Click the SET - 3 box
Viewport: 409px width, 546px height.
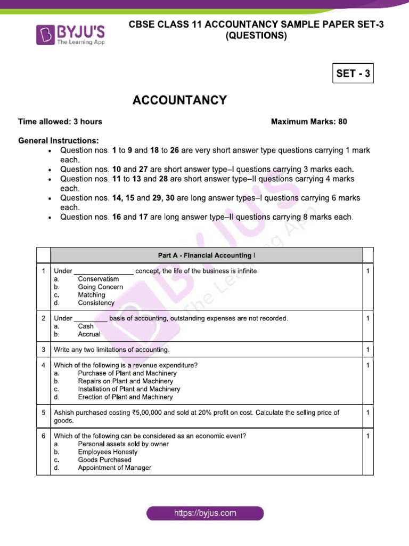coord(353,74)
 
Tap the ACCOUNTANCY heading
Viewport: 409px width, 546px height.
coord(179,100)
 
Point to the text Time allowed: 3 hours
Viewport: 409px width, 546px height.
coord(60,122)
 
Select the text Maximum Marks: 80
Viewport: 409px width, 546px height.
coord(309,122)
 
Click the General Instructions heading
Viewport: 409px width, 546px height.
coord(59,141)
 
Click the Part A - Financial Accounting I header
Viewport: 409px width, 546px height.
coord(206,255)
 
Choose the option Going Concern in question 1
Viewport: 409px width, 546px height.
coord(100,287)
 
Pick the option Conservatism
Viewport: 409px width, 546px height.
coord(98,279)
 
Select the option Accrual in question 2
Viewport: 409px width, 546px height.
coord(89,334)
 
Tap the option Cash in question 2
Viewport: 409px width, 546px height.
coord(86,326)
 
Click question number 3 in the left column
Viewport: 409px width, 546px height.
coord(43,350)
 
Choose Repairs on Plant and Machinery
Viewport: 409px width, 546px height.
coord(125,381)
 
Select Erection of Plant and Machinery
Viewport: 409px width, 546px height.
coord(125,397)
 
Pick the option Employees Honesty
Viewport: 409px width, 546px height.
coord(108,452)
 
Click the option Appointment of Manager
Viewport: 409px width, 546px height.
coord(114,468)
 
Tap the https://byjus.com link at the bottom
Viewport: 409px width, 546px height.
coord(205,513)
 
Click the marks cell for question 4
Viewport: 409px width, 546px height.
coord(367,366)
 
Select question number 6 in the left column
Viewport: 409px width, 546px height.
coord(43,436)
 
